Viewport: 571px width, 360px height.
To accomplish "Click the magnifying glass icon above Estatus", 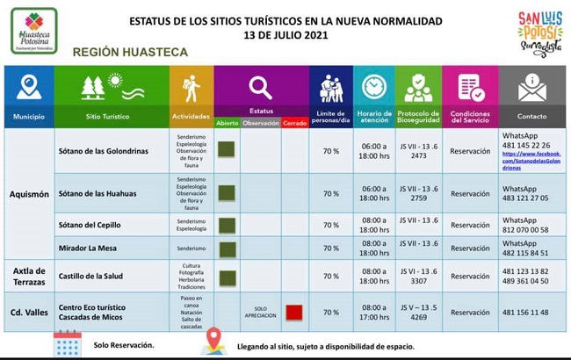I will (260, 87).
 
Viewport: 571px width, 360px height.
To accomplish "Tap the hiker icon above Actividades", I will (191, 88).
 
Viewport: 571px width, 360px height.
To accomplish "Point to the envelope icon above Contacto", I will (531, 87).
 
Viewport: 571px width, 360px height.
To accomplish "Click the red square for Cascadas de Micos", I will (293, 312).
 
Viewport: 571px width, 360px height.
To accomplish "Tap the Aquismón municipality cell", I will (29, 193).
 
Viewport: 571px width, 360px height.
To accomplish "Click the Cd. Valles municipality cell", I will (29, 313).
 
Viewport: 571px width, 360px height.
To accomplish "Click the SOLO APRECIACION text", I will (260, 313).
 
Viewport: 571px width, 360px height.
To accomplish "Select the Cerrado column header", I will (293, 123).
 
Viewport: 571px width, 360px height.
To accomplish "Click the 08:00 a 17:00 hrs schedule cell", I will (373, 313).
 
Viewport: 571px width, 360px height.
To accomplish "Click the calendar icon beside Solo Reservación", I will (68, 343).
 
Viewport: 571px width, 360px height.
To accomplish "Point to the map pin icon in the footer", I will (213, 342).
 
